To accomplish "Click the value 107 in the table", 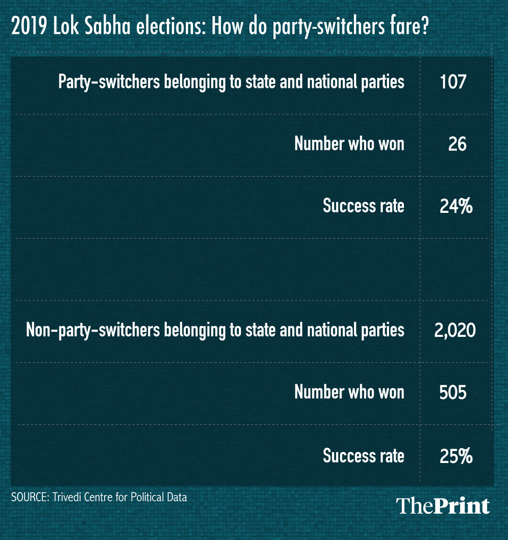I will click(453, 82).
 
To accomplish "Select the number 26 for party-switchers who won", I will click(457, 144).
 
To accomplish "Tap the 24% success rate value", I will click(456, 206).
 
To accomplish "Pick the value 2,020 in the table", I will click(455, 330).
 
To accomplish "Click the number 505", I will click(453, 392).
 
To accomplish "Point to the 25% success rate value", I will click(456, 456).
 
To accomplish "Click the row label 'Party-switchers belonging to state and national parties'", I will click(231, 82).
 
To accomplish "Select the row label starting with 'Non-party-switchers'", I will click(215, 330).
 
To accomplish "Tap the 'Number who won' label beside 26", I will click(349, 144).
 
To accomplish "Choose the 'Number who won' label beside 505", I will click(349, 392).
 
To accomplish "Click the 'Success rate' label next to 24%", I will click(363, 206).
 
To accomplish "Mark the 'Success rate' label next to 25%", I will click(363, 456).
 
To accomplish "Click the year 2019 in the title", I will click(29, 27).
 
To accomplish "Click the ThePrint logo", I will click(443, 506).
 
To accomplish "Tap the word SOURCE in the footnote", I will click(29, 497).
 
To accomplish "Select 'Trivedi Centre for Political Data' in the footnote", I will click(119, 497).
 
